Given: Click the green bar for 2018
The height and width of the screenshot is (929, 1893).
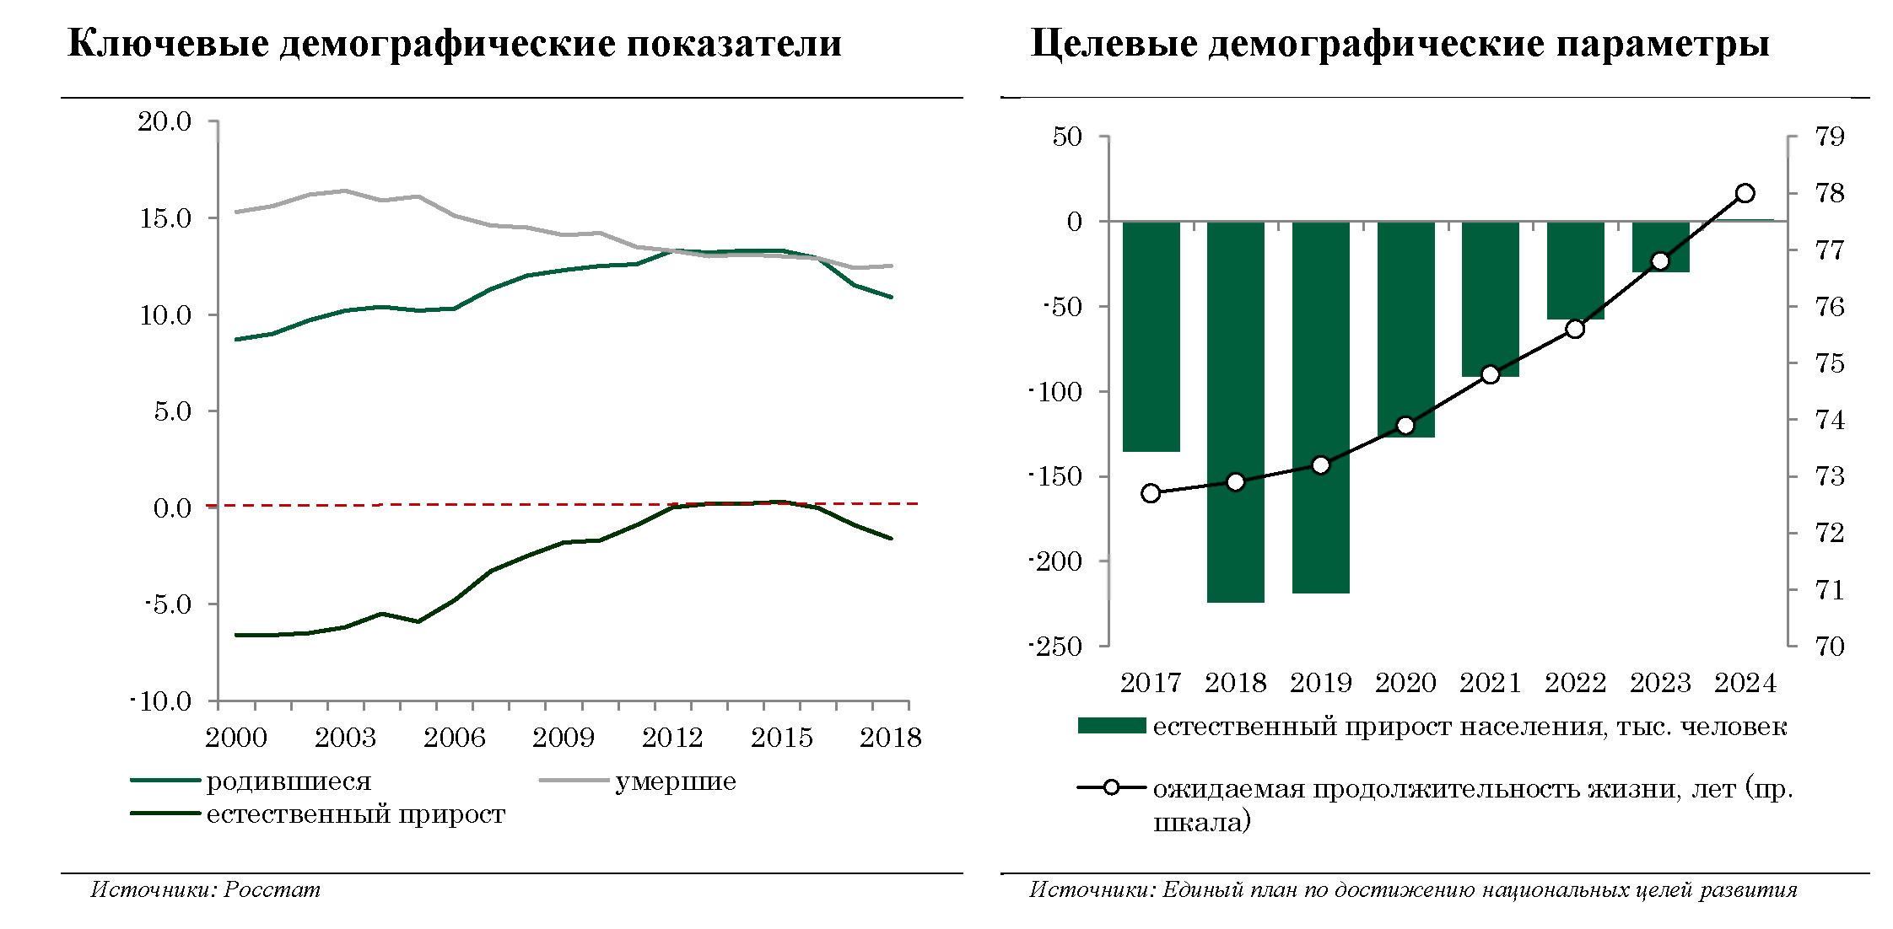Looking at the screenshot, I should coord(1235,411).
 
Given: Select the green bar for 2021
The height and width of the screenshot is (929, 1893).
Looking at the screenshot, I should coord(1490,298).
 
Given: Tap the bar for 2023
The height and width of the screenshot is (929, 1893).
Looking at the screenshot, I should coord(1660,246).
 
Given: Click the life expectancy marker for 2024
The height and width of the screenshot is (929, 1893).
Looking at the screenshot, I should coord(1745,193).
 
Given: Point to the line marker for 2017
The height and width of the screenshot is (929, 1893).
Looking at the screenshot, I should coord(1151,493).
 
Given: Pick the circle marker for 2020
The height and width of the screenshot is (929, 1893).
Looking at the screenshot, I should coord(1405,426).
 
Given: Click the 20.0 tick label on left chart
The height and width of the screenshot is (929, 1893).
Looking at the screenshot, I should coord(165,121).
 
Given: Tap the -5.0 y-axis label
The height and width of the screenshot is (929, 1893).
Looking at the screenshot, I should coord(168,604).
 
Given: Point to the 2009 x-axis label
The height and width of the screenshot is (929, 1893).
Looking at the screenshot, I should coord(564,738).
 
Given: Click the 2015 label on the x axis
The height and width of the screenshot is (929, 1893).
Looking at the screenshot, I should coord(781,738).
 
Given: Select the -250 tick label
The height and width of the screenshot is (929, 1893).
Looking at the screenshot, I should coord(1055,647).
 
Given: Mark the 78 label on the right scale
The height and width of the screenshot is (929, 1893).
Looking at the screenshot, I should coord(1830,194).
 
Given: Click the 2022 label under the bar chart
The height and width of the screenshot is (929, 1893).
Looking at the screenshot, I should coord(1575,683).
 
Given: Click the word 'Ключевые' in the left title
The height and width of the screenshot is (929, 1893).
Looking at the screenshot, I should coord(168,44).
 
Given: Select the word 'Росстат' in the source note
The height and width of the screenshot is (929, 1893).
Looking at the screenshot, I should coord(272,889).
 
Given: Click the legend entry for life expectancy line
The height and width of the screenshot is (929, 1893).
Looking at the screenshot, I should coord(1472,789).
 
